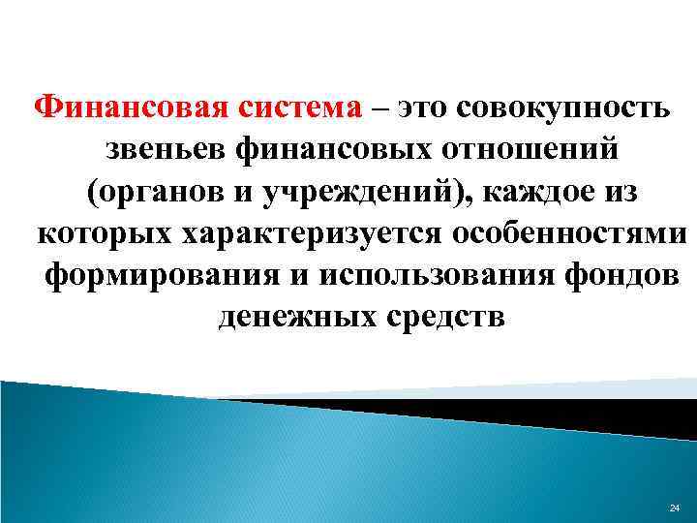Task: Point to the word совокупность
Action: (x=574, y=107)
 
